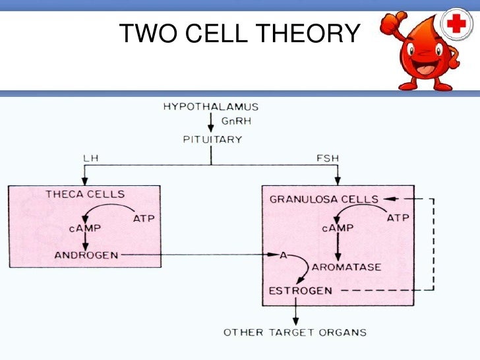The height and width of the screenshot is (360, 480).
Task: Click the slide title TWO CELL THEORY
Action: [x=240, y=33]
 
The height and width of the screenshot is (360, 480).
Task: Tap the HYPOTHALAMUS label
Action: [x=211, y=106]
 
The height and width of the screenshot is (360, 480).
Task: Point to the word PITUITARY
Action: [x=212, y=139]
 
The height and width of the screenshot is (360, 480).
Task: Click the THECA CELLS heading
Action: [x=85, y=194]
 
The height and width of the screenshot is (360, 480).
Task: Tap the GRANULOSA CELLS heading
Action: [x=324, y=199]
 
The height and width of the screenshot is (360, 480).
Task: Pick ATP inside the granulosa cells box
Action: [x=398, y=218]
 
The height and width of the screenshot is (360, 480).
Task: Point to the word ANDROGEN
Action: [x=86, y=255]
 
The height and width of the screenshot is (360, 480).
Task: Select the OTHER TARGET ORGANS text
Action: [x=294, y=332]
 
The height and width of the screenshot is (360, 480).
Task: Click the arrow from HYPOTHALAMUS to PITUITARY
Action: [x=211, y=123]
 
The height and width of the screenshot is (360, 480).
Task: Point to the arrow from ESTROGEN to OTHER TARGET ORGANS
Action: [x=296, y=310]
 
